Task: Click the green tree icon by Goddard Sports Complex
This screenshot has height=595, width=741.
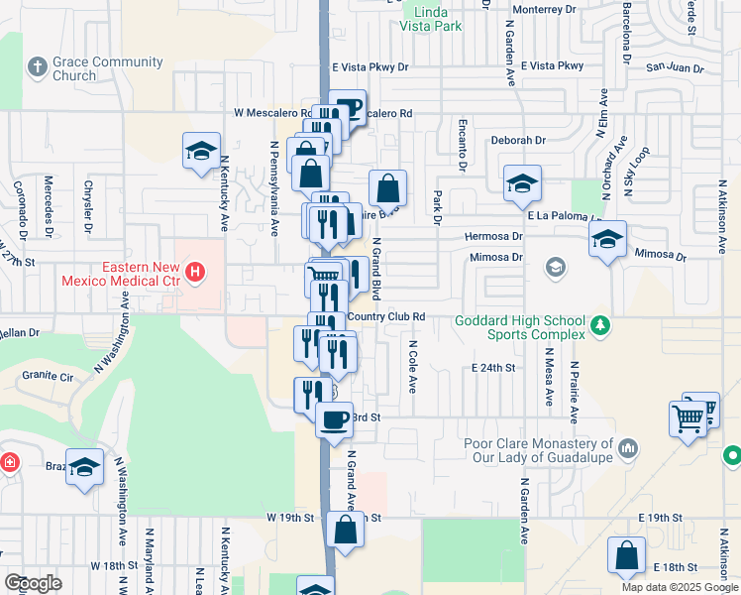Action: click(x=599, y=325)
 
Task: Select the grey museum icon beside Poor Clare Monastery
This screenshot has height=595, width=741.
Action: click(x=628, y=450)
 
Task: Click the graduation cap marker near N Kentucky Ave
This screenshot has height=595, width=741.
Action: click(x=201, y=152)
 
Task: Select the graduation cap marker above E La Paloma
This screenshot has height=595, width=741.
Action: click(x=521, y=182)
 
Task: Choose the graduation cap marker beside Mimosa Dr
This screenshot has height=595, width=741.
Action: click(x=607, y=239)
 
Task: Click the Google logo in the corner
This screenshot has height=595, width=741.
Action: click(x=33, y=582)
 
